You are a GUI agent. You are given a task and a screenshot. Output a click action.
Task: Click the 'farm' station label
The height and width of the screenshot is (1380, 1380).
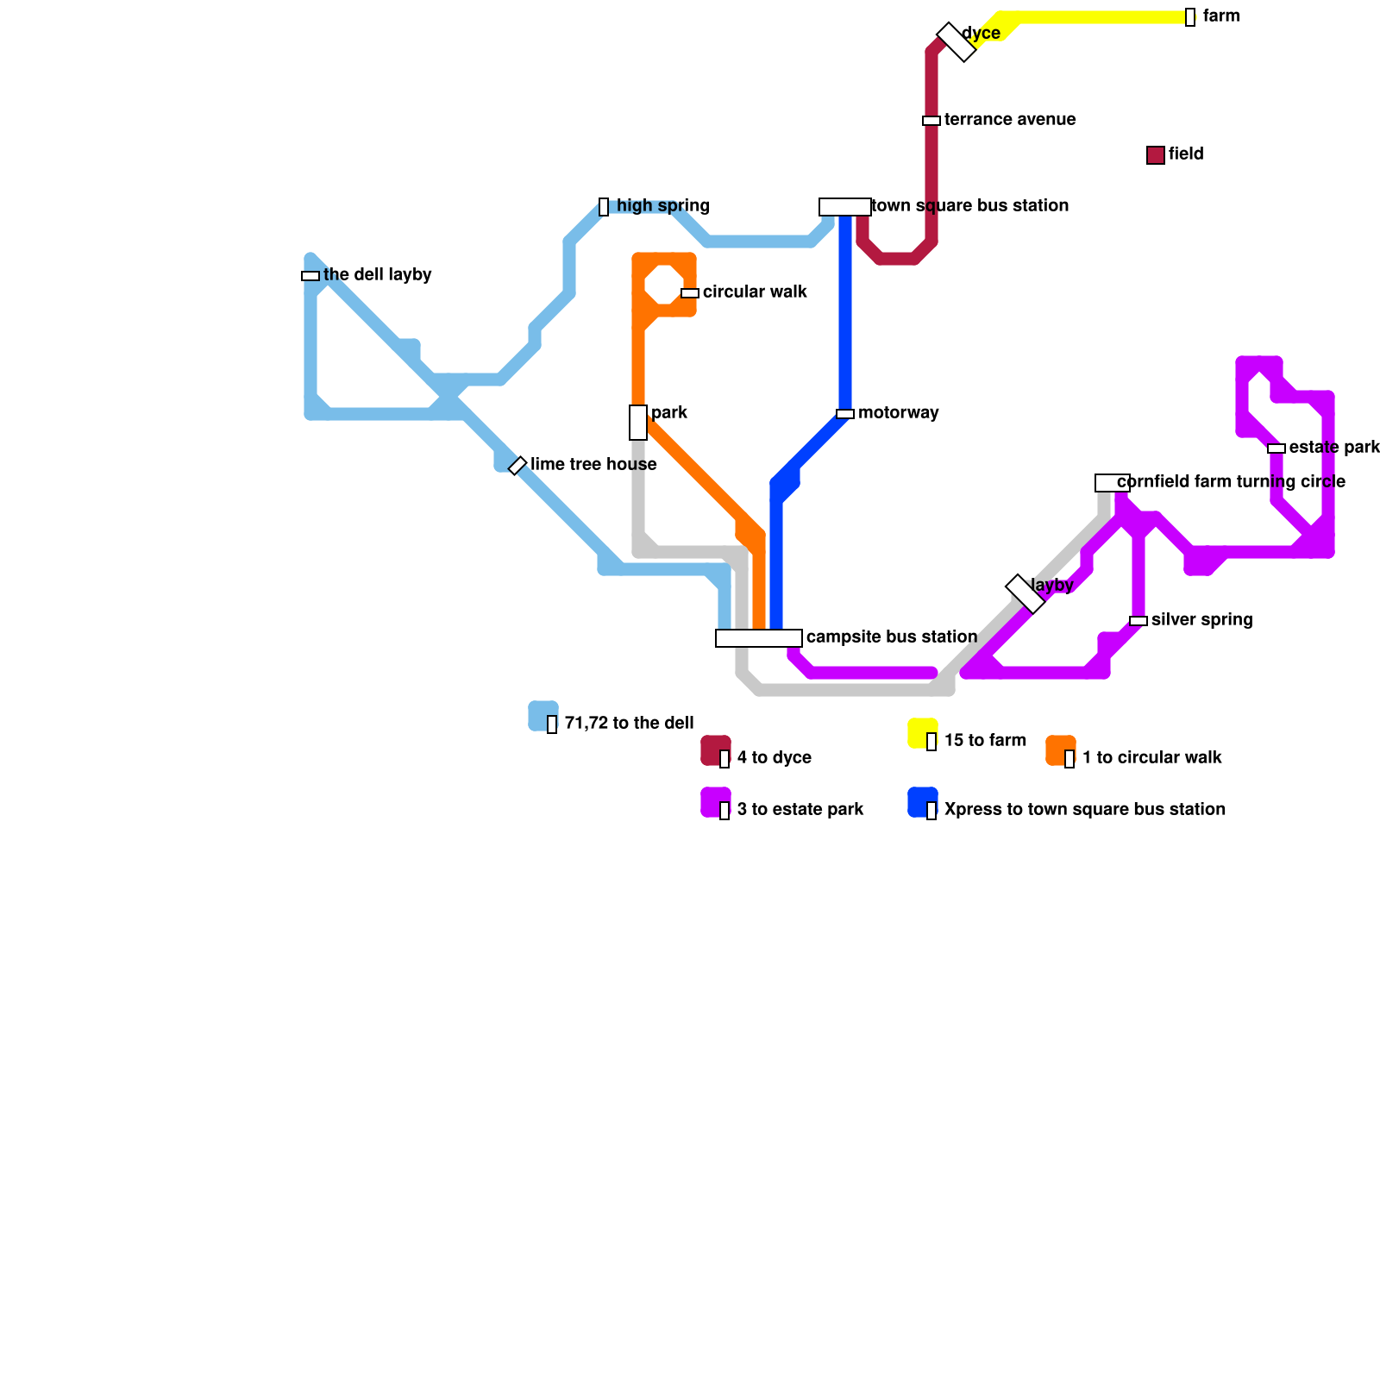click(1220, 16)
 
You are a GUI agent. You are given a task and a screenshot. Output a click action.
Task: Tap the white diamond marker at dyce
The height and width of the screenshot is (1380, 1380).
click(956, 41)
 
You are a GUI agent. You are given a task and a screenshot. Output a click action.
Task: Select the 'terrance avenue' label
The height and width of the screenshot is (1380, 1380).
click(1009, 120)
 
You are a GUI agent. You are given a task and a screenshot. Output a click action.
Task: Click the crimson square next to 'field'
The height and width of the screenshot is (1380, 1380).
click(1156, 155)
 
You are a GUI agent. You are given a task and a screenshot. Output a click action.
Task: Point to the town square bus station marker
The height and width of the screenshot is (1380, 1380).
click(844, 207)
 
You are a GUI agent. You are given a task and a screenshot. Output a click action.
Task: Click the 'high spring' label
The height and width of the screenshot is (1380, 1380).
click(662, 206)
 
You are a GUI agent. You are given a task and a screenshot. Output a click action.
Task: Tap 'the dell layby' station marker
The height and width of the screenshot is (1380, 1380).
click(310, 276)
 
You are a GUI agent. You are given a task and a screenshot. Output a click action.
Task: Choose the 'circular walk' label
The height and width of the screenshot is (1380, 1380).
click(755, 292)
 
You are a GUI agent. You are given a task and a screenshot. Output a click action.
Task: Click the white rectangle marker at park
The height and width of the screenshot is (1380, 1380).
click(638, 423)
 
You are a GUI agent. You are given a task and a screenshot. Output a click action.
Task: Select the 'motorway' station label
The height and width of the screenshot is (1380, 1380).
click(898, 413)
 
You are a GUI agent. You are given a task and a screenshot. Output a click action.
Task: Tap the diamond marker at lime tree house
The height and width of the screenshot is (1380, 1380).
click(517, 466)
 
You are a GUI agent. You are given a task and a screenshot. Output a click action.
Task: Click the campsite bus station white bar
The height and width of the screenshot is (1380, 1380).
click(759, 638)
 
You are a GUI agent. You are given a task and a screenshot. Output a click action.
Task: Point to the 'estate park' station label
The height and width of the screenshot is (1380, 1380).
click(1333, 448)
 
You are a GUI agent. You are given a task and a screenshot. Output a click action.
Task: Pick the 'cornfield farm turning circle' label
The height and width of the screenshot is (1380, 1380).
click(1231, 482)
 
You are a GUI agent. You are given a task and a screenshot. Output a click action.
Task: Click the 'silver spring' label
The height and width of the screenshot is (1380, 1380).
click(1201, 620)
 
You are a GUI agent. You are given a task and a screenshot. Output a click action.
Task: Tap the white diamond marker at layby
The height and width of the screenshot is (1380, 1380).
click(1026, 593)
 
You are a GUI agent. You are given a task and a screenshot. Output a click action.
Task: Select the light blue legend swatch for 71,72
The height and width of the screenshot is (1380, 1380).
click(543, 716)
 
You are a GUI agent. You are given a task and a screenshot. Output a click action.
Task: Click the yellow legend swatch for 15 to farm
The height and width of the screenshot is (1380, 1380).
click(922, 732)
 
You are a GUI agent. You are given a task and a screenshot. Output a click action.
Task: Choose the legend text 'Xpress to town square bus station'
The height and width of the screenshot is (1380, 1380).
click(1084, 810)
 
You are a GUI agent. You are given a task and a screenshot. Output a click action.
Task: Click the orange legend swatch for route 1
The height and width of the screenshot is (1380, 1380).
click(1060, 750)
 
